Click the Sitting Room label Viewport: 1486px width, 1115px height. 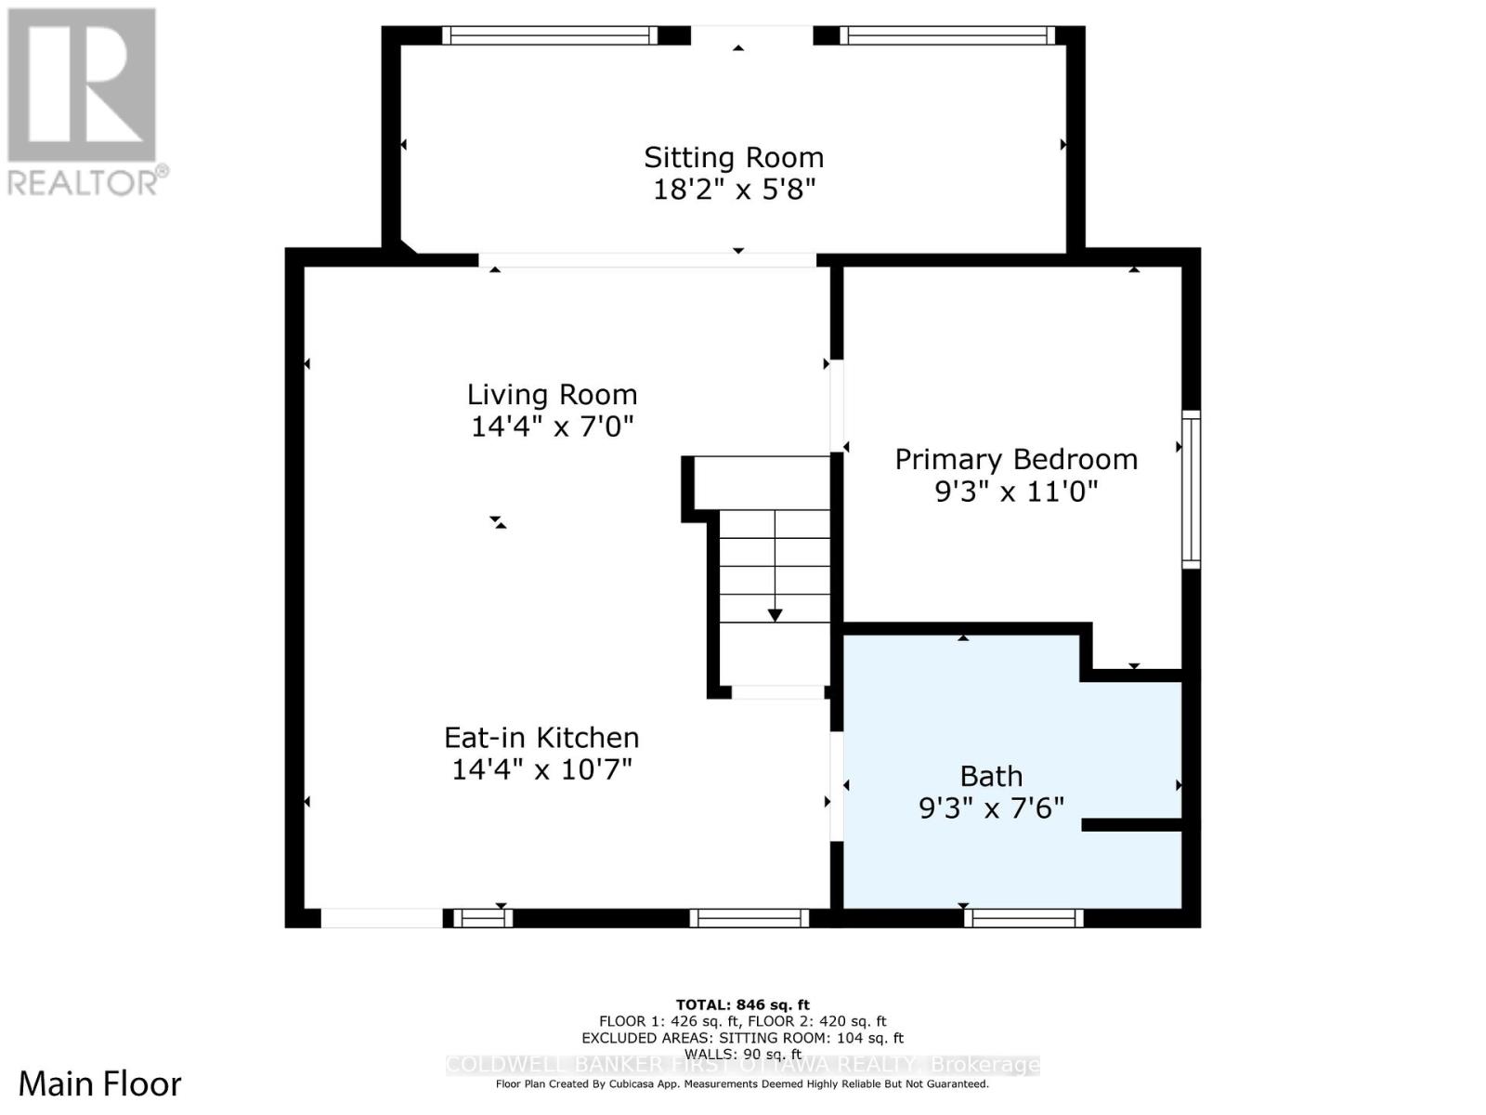(734, 157)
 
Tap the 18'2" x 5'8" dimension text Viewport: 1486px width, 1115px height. (734, 190)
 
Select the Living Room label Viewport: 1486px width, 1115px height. (552, 394)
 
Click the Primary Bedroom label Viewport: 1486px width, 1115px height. (1016, 459)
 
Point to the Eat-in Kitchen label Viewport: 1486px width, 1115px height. (541, 738)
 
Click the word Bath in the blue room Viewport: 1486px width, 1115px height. (991, 776)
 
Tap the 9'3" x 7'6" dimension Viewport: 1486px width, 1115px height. (991, 808)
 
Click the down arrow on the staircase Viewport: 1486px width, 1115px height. (775, 614)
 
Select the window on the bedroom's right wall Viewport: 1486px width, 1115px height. (1191, 489)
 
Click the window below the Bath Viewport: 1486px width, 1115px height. (1023, 918)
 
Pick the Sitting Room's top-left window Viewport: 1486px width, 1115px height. (549, 35)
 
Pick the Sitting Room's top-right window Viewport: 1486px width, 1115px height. (947, 35)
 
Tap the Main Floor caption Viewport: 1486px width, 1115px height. (100, 1084)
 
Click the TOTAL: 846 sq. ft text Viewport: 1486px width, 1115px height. (742, 1004)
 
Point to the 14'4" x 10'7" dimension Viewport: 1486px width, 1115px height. (541, 770)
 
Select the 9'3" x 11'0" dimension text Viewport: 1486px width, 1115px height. (1016, 492)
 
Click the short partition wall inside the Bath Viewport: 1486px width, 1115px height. (1131, 824)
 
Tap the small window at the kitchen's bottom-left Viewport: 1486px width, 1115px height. (482, 918)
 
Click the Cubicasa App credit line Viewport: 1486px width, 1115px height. (742, 1084)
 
